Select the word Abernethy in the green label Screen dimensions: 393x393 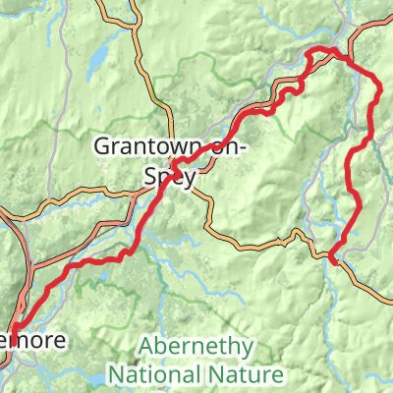[196, 348]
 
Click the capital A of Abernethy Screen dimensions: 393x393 [145, 348]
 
